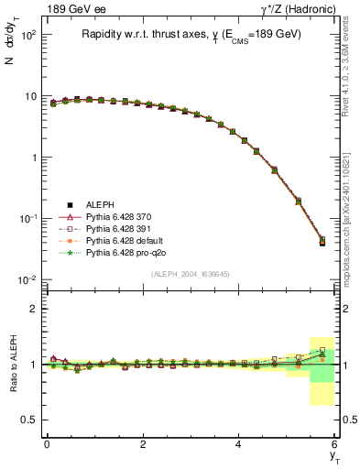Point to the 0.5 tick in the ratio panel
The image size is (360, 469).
(32, 420)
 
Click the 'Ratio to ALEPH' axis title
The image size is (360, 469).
(11, 364)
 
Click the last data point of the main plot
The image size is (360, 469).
(322, 242)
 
